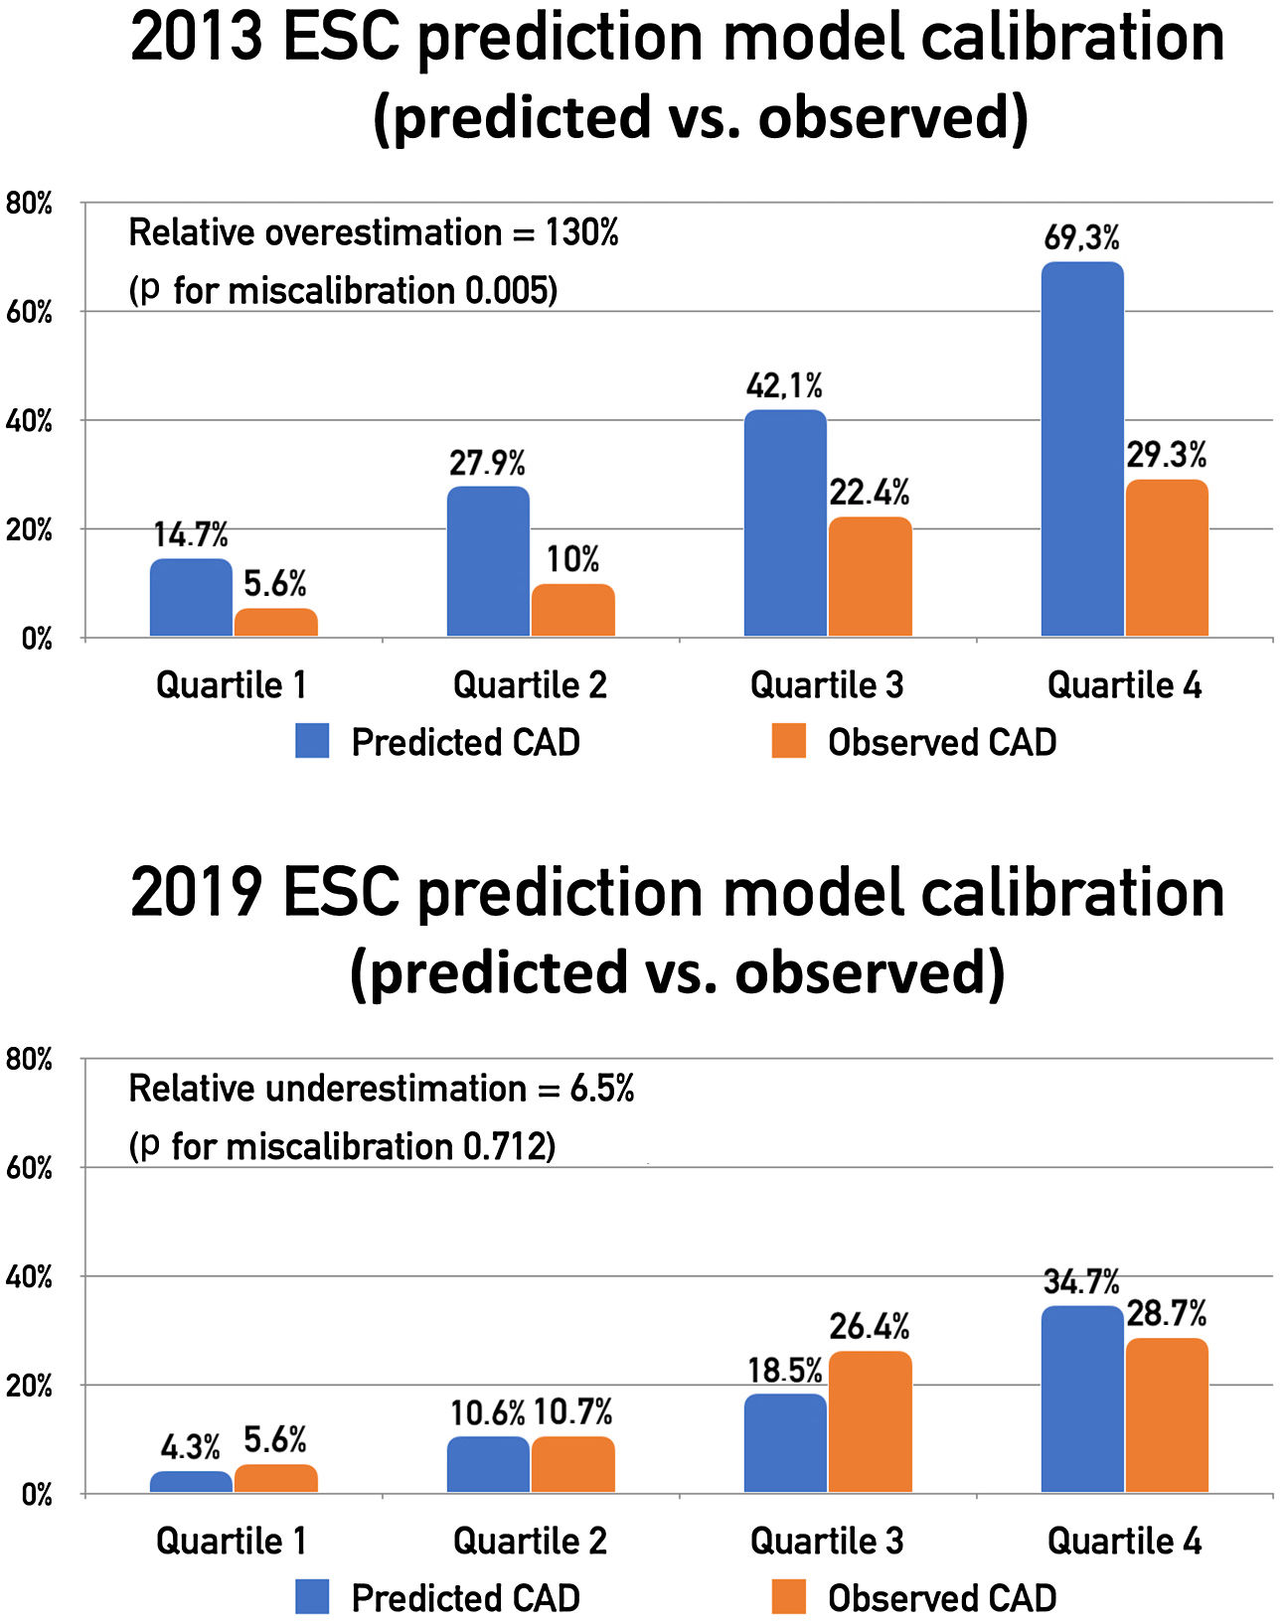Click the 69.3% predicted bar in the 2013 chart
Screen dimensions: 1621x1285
pos(1082,449)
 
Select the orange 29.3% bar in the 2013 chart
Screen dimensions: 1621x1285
pos(1167,558)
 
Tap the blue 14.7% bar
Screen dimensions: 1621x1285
pos(191,598)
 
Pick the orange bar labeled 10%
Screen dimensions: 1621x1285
pos(572,610)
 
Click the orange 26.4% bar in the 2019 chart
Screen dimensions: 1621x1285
pos(870,1421)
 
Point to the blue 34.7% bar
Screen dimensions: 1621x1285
pos(1082,1399)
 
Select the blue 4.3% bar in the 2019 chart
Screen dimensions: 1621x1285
pos(191,1481)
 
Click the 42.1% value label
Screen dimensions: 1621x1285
pos(784,385)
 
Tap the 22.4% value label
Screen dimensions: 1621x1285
pos(870,492)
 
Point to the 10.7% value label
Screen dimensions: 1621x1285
pos(572,1411)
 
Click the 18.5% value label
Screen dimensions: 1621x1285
pos(784,1371)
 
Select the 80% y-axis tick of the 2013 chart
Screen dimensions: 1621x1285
pos(29,204)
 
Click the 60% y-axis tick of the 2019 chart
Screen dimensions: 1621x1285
pos(29,1168)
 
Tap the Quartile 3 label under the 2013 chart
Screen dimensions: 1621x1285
pos(827,685)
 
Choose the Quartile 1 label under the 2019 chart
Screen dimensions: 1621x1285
pos(232,1542)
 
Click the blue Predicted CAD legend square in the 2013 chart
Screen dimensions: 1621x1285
pos(312,742)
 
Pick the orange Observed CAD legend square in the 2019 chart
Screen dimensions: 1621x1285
pos(788,1598)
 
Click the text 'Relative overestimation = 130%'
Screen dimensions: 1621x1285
pos(374,232)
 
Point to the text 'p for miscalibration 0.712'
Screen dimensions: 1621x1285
pos(343,1146)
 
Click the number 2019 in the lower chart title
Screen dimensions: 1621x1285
pos(196,892)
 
